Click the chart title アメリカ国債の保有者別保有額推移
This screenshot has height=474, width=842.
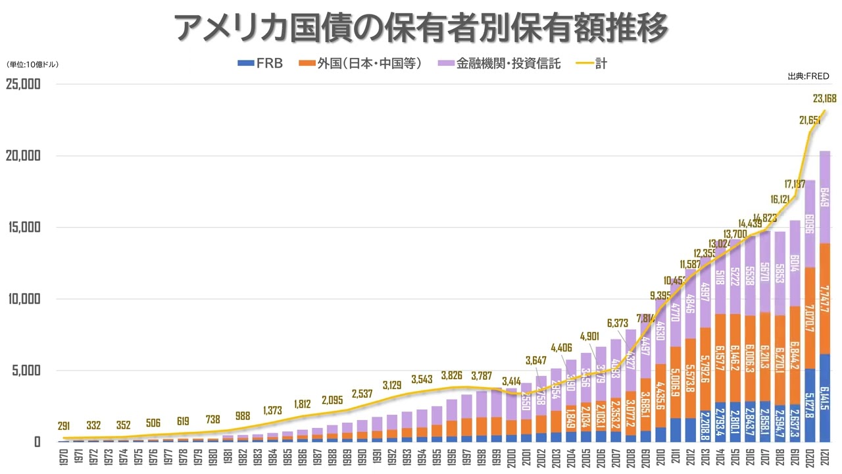421,28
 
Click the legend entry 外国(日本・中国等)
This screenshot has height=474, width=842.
360,65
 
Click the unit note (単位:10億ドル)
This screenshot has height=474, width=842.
32,65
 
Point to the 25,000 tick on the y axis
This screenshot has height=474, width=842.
23,85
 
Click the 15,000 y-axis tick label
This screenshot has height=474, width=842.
23,228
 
